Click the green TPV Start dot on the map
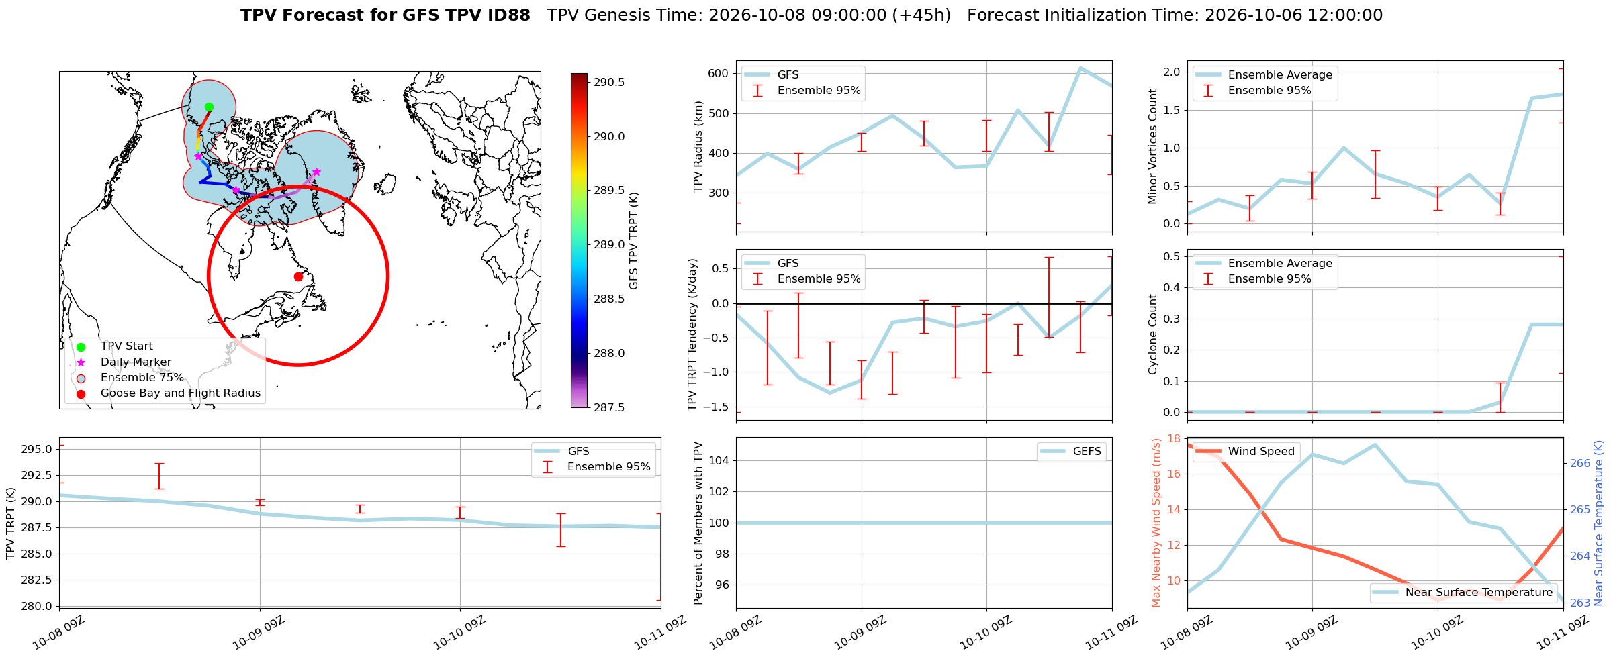(209, 107)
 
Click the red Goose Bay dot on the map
(298, 276)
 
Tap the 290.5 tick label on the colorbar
(609, 83)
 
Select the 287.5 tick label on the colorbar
(609, 407)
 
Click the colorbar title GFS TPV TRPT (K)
(633, 241)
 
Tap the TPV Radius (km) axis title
(698, 146)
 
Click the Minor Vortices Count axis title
(1153, 146)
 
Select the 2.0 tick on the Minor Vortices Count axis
(1172, 72)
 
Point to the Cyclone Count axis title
(1153, 334)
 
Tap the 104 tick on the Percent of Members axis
(719, 460)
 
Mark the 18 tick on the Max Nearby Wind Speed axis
(1175, 439)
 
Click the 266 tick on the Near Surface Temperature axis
(1579, 463)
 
